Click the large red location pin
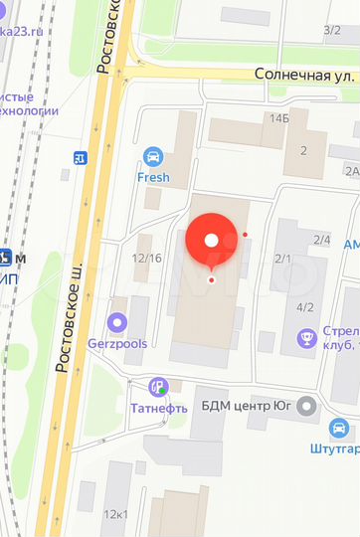211,239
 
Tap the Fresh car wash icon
153,156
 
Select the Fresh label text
153,178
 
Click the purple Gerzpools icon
117,322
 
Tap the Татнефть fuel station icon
156,386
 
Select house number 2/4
321,240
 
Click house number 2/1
282,259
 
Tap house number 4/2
304,306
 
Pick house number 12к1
115,514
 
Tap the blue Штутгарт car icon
340,429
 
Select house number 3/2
331,30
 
